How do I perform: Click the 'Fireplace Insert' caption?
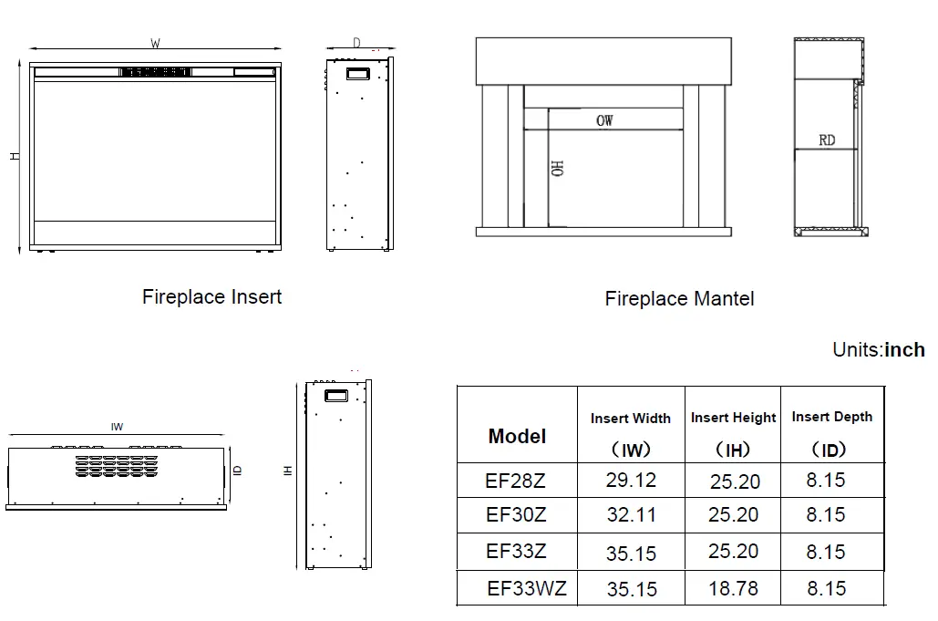[211, 297]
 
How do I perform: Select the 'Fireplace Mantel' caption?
[679, 299]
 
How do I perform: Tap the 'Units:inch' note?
[878, 350]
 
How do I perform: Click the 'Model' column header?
[517, 436]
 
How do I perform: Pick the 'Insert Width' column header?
[630, 419]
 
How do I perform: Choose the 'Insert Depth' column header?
[831, 417]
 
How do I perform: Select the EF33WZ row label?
[526, 588]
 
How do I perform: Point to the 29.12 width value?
[631, 480]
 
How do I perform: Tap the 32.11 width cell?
[632, 515]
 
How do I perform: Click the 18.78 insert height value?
[733, 589]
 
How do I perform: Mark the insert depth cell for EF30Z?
[825, 515]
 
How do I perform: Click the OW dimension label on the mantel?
[604, 120]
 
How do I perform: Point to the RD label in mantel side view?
[826, 140]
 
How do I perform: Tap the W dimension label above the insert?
[156, 43]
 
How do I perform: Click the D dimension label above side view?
[356, 43]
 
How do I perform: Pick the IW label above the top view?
[117, 427]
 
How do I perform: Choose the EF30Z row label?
[516, 515]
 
